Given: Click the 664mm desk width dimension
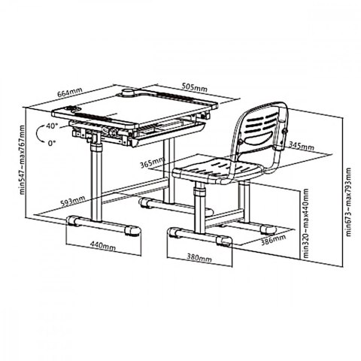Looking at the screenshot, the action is pyautogui.click(x=70, y=93).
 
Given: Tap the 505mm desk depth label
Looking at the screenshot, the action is pyautogui.click(x=194, y=87).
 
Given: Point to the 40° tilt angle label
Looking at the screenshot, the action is pyautogui.click(x=52, y=126).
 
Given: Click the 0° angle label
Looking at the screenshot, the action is pyautogui.click(x=52, y=144).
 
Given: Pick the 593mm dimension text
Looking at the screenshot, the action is pyautogui.click(x=72, y=201).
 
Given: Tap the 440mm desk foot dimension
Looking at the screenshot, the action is pyautogui.click(x=103, y=245).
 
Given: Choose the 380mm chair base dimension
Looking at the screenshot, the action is pyautogui.click(x=199, y=257).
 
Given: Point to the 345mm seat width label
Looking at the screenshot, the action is pyautogui.click(x=302, y=146).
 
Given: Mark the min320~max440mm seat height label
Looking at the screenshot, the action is pyautogui.click(x=306, y=223).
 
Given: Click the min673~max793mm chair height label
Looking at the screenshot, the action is pyautogui.click(x=348, y=202).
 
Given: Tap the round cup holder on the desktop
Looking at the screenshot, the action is pyautogui.click(x=129, y=92).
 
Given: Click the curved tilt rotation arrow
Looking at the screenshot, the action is pyautogui.click(x=38, y=134).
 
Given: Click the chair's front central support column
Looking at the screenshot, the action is pyautogui.click(x=199, y=205).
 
